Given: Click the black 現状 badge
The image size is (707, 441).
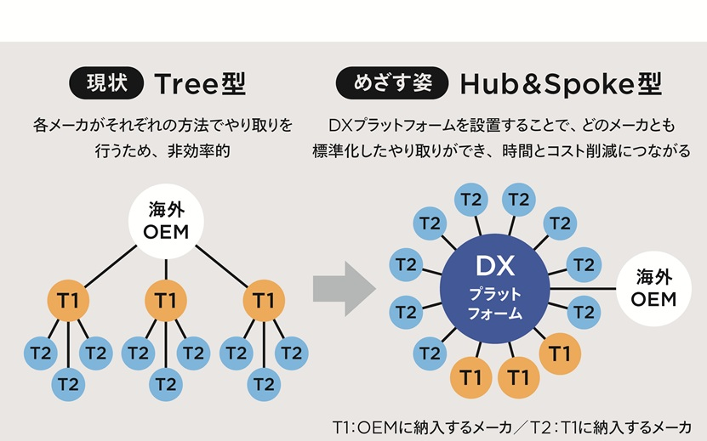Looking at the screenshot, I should coord(105,83).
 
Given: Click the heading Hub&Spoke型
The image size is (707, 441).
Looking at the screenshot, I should coord(561,83).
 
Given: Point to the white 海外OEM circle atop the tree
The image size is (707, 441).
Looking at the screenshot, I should coord(166,220).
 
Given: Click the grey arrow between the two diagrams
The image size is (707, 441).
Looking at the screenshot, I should coord(344,288).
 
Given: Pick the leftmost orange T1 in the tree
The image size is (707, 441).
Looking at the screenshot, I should coord(68,300).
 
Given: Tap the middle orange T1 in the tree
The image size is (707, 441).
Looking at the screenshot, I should coord(167,300).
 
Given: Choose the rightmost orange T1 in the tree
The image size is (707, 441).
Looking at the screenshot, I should coord(264,300).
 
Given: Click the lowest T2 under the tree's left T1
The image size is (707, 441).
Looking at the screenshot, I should coord(68,384).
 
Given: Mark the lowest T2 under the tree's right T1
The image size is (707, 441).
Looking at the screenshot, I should coord(264,384).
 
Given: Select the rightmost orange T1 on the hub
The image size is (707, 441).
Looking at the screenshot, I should coord(560,351).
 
